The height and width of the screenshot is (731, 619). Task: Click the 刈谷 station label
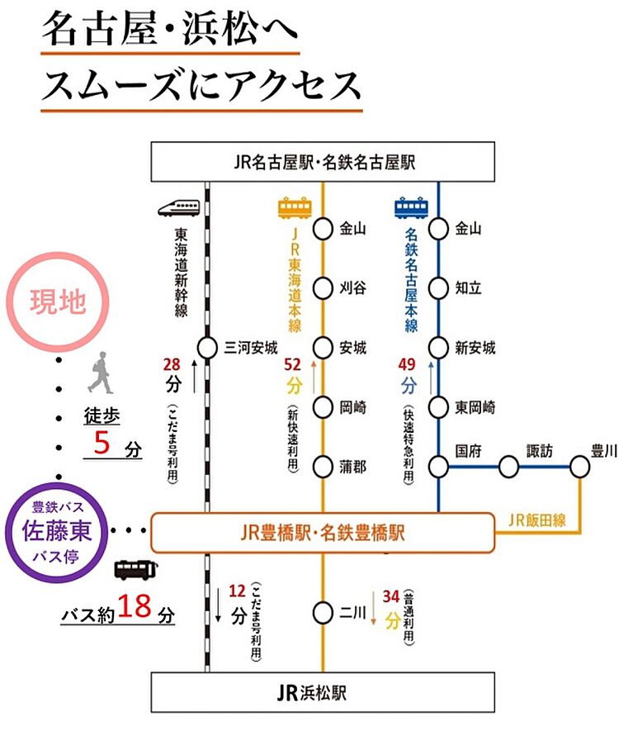[352, 288]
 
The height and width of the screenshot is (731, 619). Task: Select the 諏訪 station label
[539, 451]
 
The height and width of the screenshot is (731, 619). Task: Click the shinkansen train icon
[179, 208]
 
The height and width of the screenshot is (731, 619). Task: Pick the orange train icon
[295, 208]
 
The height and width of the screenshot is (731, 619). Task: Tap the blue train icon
[411, 208]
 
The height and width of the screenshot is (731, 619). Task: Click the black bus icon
[136, 570]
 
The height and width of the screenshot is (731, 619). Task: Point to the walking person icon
[100, 373]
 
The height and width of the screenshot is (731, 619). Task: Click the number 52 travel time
[292, 364]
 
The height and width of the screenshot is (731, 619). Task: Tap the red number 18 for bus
[135, 606]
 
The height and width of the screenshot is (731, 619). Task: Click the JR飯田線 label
[536, 520]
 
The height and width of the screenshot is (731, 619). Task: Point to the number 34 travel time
[391, 596]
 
